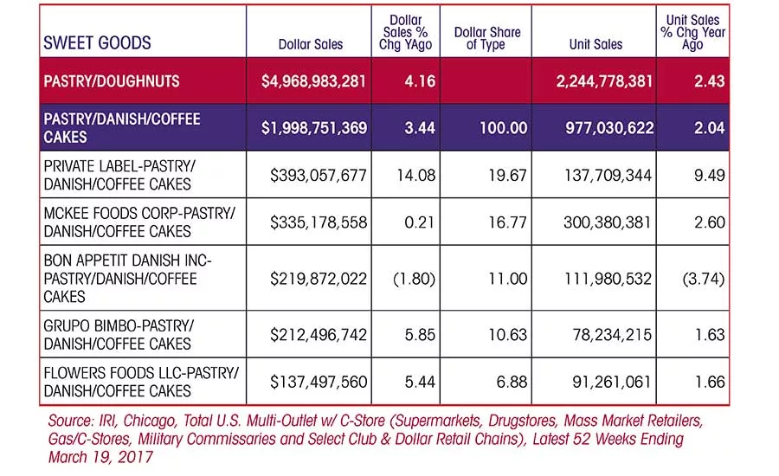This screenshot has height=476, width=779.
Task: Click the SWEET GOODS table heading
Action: coord(97,42)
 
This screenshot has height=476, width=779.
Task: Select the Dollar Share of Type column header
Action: coord(486,38)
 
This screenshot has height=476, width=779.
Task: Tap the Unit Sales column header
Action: coord(596,44)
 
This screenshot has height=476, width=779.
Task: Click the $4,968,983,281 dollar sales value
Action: coord(313,81)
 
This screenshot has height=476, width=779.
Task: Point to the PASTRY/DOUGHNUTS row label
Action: coord(112,81)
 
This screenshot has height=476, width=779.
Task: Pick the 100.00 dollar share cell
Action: coord(503,128)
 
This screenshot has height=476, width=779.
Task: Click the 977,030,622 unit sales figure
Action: coord(609,128)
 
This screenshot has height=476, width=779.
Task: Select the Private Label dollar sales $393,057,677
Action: coord(319,175)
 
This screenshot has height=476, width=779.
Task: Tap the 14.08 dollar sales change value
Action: coord(415,175)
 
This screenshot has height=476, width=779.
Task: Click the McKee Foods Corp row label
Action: coord(139,222)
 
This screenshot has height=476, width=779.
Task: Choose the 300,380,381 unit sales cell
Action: coord(607,222)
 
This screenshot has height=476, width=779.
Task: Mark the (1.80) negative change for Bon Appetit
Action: coord(414,279)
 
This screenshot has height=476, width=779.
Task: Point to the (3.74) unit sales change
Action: coord(704,279)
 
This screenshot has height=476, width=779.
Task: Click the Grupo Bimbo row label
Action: coord(119,335)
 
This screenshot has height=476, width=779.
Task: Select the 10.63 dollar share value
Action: coord(507,335)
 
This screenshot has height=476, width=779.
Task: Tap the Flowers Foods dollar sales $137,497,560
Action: coord(319,382)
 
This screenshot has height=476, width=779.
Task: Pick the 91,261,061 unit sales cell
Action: coord(612,382)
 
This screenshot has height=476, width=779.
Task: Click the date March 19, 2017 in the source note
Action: coord(101,457)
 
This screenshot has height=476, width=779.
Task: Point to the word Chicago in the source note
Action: coord(149,421)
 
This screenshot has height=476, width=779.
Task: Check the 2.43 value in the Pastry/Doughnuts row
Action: coord(710,81)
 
